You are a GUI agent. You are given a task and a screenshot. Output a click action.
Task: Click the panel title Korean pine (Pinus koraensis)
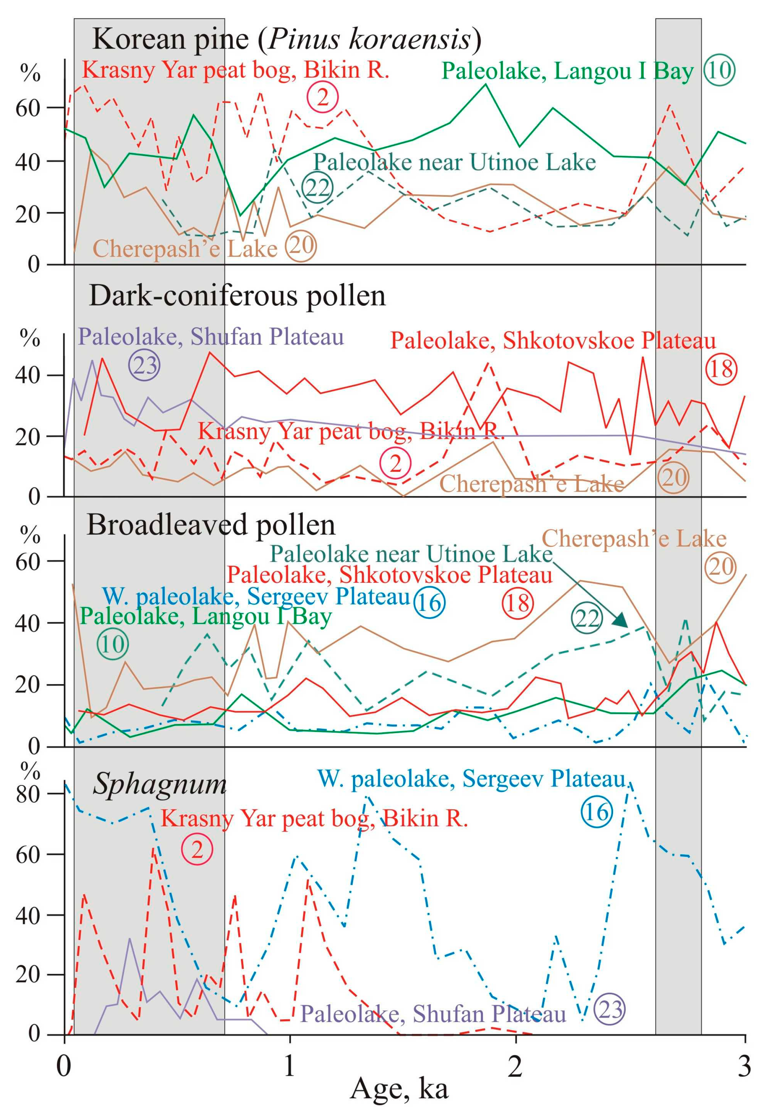pyautogui.click(x=286, y=39)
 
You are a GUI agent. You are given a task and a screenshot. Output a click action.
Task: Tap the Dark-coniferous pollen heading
pyautogui.click(x=237, y=296)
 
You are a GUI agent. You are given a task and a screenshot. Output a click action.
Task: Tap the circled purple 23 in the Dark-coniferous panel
pyautogui.click(x=144, y=365)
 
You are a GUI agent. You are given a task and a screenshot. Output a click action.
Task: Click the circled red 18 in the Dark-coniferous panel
pyautogui.click(x=721, y=369)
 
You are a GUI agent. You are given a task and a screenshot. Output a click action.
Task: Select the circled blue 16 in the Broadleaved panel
pyautogui.click(x=429, y=603)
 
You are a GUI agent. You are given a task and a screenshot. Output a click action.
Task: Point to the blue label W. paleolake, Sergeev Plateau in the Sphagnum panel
pyautogui.click(x=472, y=778)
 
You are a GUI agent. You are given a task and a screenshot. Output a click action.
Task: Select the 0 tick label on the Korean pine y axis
pyautogui.click(x=33, y=264)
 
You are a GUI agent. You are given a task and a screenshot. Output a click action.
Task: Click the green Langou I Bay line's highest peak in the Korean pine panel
pyautogui.click(x=486, y=84)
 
